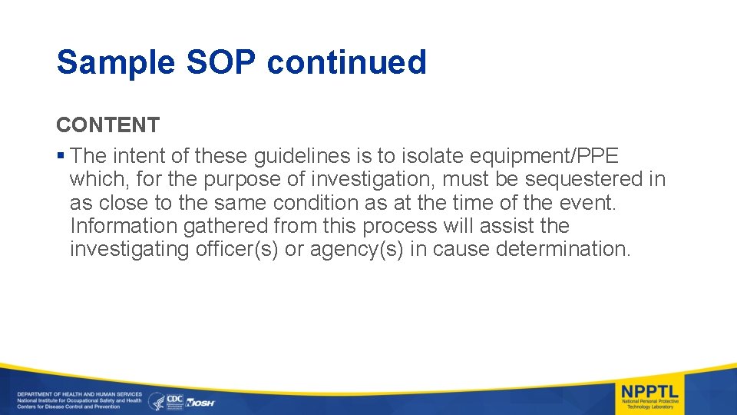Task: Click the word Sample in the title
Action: pyautogui.click(x=115, y=63)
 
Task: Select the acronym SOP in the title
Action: pyautogui.click(x=220, y=63)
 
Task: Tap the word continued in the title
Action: pyautogui.click(x=346, y=63)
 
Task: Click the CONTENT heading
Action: pyautogui.click(x=107, y=124)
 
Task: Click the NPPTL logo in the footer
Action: pyautogui.click(x=649, y=396)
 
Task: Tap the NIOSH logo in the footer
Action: pyautogui.click(x=202, y=402)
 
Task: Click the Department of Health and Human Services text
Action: pyautogui.click(x=80, y=394)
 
